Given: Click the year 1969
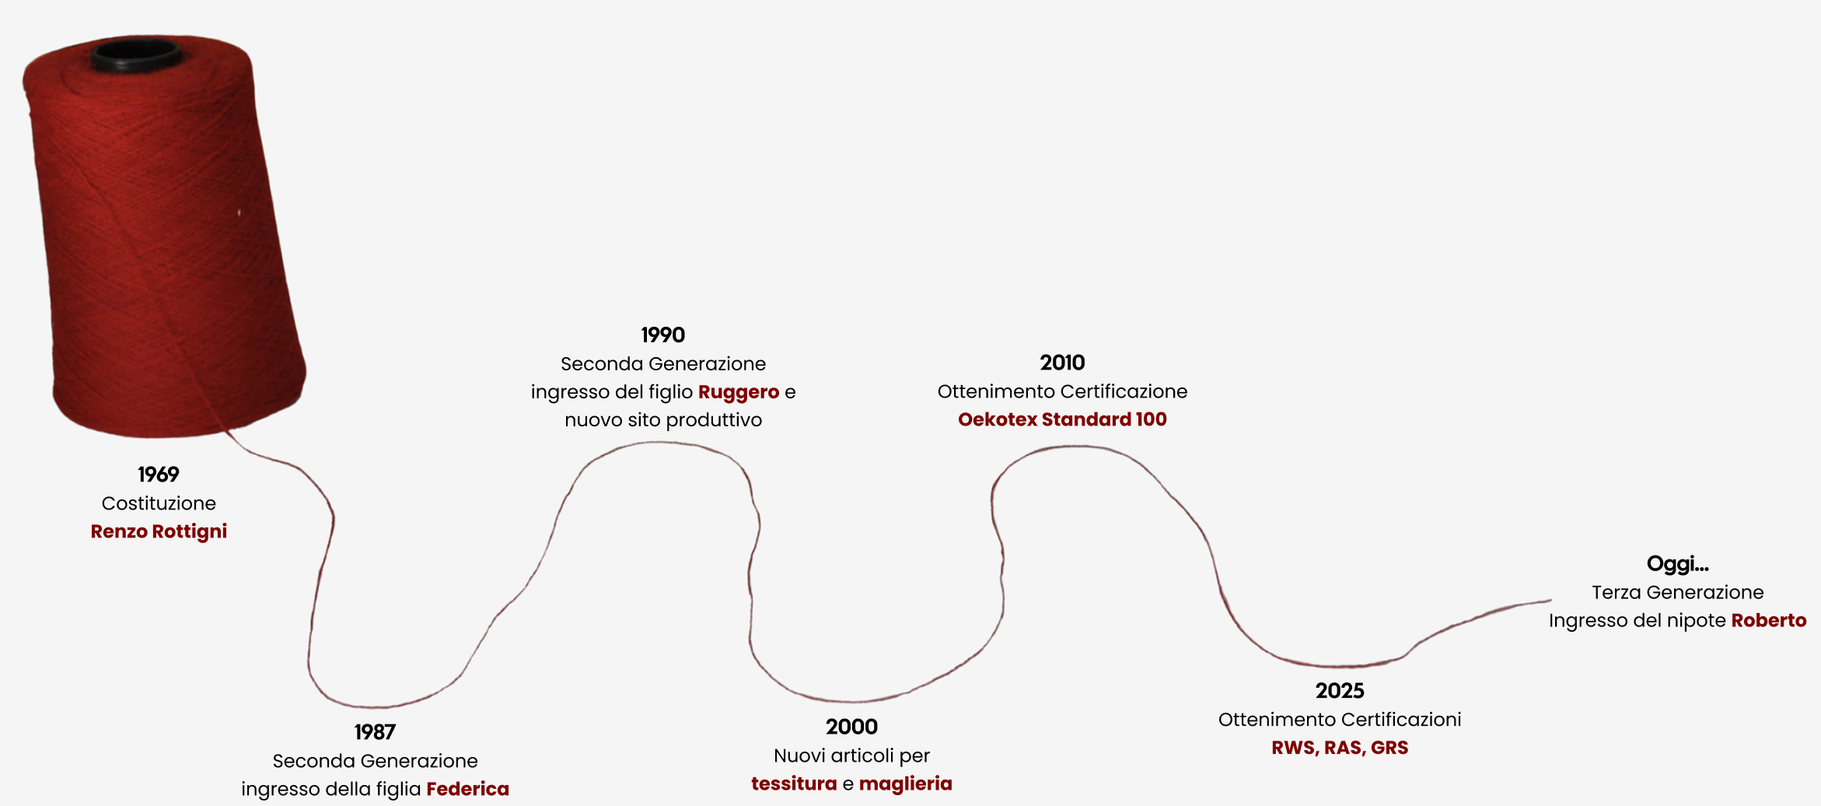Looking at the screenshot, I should [159, 475].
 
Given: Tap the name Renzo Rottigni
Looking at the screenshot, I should [159, 531].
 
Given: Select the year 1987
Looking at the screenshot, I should [375, 732].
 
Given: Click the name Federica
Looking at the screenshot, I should [467, 789].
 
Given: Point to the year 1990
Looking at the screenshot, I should [662, 335].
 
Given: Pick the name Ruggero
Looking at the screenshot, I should [738, 392].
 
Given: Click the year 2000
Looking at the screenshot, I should [851, 727].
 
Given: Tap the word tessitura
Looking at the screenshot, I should [794, 783].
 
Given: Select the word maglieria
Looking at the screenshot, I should [905, 783].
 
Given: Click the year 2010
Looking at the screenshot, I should [1062, 363].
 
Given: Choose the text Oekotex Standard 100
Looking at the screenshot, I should [1062, 419].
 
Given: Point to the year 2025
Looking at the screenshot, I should [1340, 691].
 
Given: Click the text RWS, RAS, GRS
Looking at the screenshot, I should [1340, 748].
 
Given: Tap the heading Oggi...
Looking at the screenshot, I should [1677, 564].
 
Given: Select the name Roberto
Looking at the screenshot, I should [1768, 621].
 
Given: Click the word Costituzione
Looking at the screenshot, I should [159, 503].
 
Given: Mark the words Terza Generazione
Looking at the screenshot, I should [1677, 593].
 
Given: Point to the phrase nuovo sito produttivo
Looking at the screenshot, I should [663, 420].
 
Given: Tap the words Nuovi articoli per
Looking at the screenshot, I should [851, 755].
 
